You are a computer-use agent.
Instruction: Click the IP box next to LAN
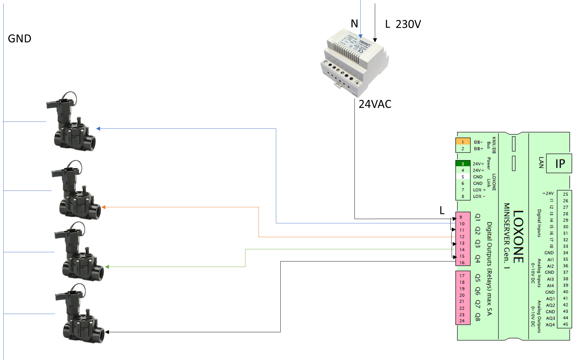coord(560,164)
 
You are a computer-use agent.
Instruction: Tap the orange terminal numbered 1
coord(463,142)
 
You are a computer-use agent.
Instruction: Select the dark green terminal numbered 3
coord(463,164)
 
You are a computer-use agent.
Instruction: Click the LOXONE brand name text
coord(518,236)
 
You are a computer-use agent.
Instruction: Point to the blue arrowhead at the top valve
coord(98,129)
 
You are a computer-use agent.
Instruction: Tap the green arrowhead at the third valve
coord(107,267)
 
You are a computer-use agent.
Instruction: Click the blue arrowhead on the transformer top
coord(360,36)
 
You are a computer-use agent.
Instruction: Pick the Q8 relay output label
coord(478,317)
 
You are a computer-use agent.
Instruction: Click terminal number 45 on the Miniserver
coord(565,324)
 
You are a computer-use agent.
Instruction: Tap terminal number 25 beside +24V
coord(565,194)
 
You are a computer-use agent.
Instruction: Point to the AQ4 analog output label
coord(550,325)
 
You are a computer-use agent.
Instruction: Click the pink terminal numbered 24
coord(462,321)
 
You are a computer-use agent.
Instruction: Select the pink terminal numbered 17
coord(462,276)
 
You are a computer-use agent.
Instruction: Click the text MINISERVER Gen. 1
coord(506,236)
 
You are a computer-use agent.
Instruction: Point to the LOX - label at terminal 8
coord(479,196)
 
